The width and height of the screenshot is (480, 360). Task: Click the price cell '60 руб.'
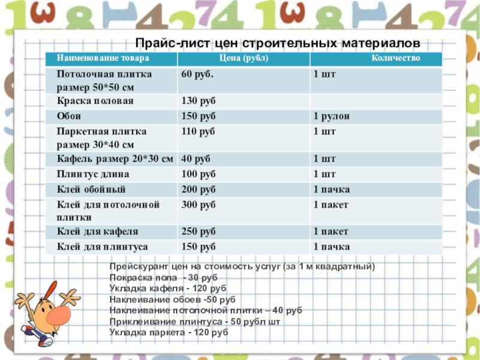coord(197,74)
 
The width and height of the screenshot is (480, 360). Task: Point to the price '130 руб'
coord(198,101)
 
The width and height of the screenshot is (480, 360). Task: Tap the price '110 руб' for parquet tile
coord(198,131)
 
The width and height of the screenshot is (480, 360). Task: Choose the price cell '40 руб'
coord(196,159)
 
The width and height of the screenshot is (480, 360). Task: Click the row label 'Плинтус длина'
coord(93,175)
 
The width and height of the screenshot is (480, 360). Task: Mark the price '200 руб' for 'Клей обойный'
coord(198,190)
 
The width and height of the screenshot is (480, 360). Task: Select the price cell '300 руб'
coord(198,205)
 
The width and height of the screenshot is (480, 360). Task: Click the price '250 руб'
coord(198,232)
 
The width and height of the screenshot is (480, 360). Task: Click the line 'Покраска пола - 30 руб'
coord(164,278)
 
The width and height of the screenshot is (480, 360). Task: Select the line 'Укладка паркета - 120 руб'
coord(169,332)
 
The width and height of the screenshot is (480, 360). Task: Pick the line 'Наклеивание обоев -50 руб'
coord(173,299)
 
